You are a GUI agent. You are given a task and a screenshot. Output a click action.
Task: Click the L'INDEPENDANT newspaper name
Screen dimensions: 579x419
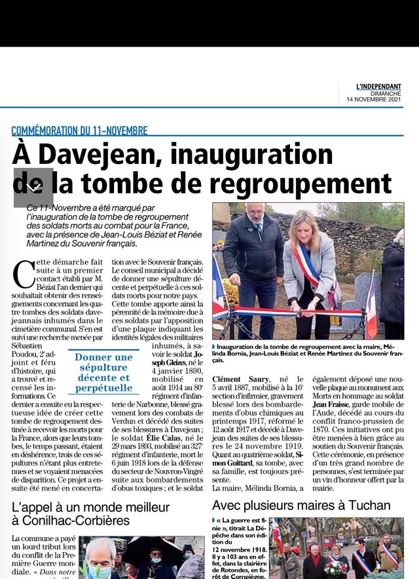[x=378, y=87]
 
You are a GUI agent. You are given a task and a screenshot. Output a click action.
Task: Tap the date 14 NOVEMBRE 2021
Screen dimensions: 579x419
[x=374, y=100]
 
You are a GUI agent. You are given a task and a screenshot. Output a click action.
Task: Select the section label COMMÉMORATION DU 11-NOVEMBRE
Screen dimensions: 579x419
[x=79, y=130]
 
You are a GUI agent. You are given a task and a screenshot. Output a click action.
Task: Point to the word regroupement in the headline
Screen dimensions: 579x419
[x=299, y=183]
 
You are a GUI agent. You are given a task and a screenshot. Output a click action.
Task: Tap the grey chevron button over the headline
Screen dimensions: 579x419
[x=33, y=188]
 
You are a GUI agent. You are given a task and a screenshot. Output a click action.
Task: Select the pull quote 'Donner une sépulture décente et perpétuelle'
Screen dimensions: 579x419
[x=103, y=373]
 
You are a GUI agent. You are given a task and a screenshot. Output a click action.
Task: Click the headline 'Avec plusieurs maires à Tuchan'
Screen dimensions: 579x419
[x=301, y=506]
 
